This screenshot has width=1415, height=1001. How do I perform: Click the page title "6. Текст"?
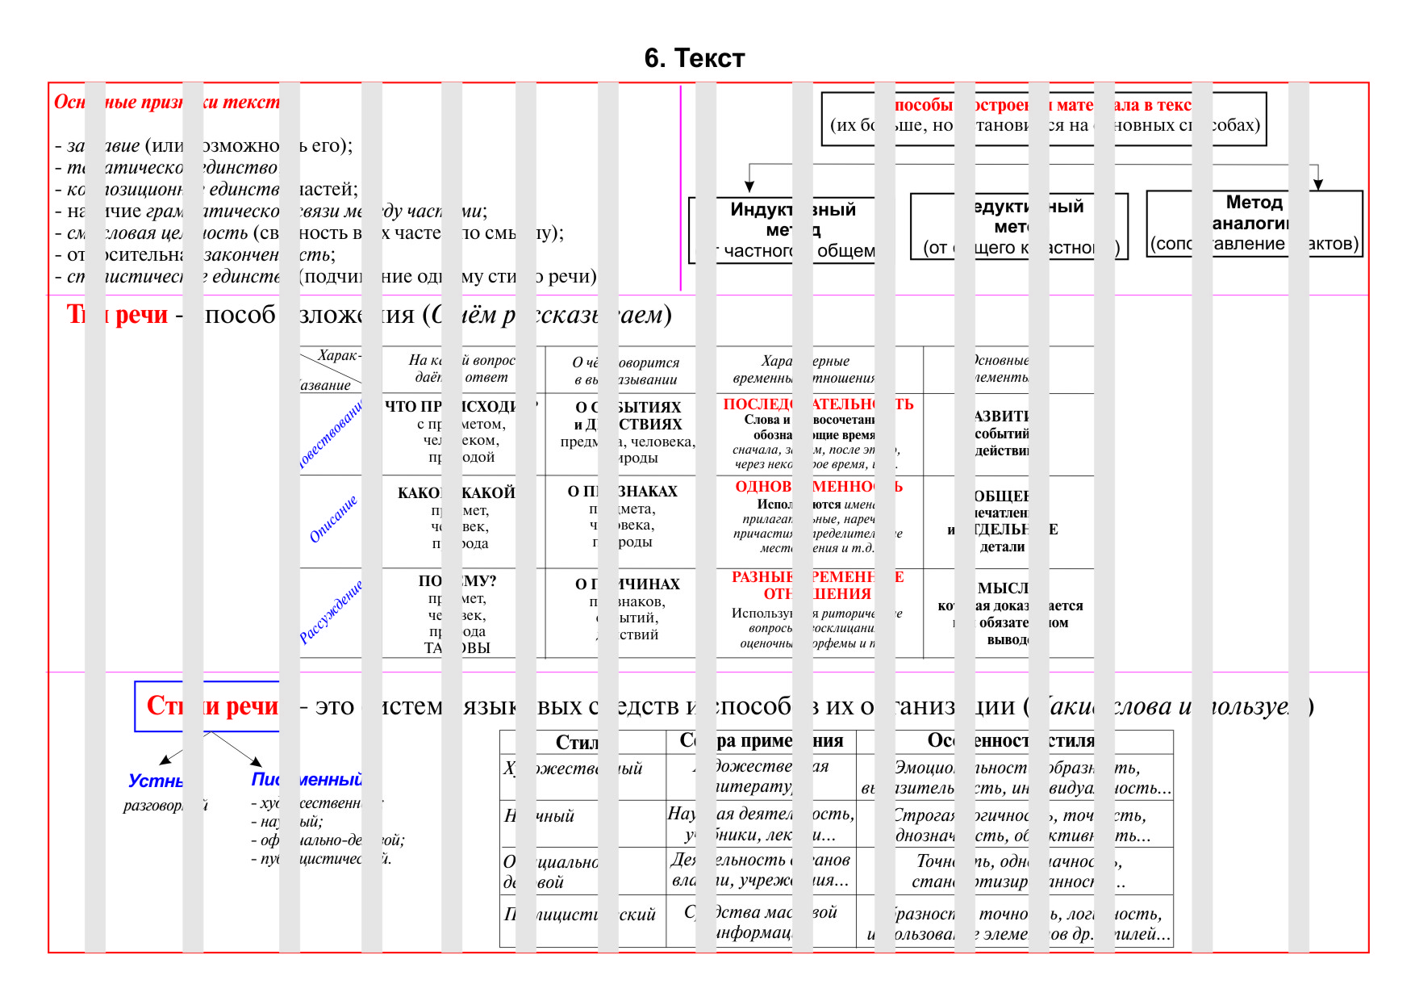pos(694,58)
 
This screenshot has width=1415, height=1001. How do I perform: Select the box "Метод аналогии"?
pos(1254,212)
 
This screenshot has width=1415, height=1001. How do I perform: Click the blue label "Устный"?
pos(155,781)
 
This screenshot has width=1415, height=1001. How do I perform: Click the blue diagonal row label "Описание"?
pos(332,520)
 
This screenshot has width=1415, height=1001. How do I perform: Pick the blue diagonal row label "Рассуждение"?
pos(331,611)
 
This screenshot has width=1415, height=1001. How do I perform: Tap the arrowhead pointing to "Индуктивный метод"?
pos(749,187)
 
